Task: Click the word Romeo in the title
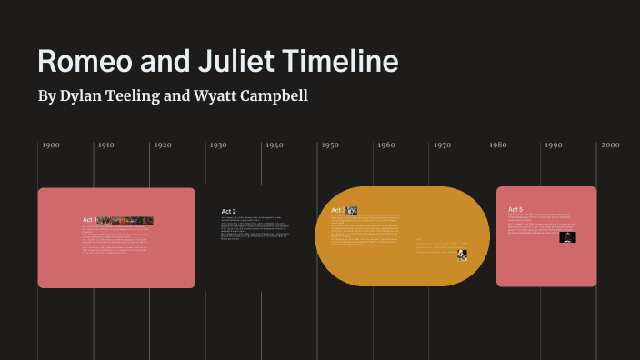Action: pos(85,62)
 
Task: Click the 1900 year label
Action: pos(50,145)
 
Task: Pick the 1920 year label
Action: pos(163,145)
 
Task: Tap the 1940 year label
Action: pos(275,145)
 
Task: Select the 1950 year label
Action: pos(330,145)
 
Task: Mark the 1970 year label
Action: pos(442,145)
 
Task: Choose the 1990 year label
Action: pos(554,145)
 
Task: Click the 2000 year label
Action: pos(609,145)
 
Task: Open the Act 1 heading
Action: pos(89,220)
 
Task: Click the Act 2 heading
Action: pos(228,212)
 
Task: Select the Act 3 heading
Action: pos(337,210)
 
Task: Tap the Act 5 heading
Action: pos(515,210)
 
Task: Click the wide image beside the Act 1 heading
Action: pos(125,220)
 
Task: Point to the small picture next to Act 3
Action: pos(352,210)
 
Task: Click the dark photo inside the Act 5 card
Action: pos(567,237)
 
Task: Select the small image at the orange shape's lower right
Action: pos(462,255)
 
